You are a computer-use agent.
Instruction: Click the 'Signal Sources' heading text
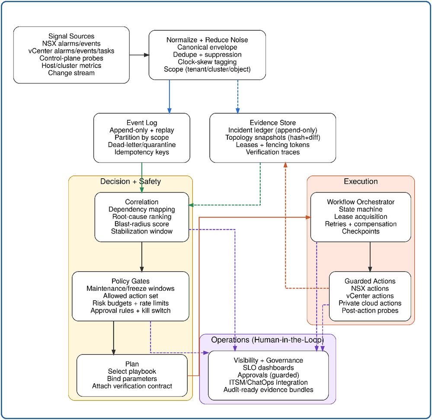pyautogui.click(x=71, y=36)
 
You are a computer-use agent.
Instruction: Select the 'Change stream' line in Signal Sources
pyautogui.click(x=71, y=73)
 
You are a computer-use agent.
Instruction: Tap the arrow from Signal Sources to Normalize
pyautogui.click(x=139, y=55)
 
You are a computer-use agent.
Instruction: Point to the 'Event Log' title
pyautogui.click(x=141, y=123)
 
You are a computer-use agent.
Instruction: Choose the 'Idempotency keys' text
pyautogui.click(x=141, y=152)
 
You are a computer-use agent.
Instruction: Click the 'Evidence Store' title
pyautogui.click(x=272, y=123)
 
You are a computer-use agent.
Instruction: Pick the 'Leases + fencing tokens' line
pyautogui.click(x=272, y=145)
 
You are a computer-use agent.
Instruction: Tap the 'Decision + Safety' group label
pyautogui.click(x=130, y=182)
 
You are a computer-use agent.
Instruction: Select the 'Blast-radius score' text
pyautogui.click(x=141, y=224)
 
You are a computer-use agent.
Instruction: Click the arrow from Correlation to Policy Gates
pyautogui.click(x=142, y=256)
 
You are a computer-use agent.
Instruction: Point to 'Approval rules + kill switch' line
pyautogui.click(x=130, y=311)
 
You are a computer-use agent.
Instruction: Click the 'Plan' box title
pyautogui.click(x=132, y=364)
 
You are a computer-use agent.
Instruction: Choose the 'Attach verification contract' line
pyautogui.click(x=132, y=386)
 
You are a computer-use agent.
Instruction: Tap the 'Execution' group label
pyautogui.click(x=361, y=182)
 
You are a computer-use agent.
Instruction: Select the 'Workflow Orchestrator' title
pyautogui.click(x=361, y=202)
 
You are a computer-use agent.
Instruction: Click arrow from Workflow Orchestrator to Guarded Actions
pyautogui.click(x=370, y=256)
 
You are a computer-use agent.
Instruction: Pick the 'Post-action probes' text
pyautogui.click(x=370, y=311)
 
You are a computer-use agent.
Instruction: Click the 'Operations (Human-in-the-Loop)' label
pyautogui.click(x=267, y=340)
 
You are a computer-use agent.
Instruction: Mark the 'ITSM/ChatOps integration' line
pyautogui.click(x=268, y=382)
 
